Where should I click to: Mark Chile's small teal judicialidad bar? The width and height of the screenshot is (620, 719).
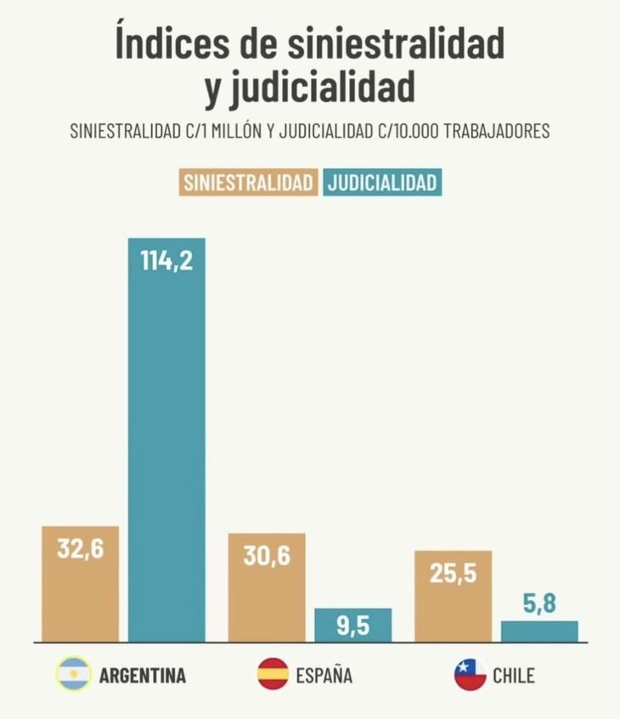click(x=539, y=631)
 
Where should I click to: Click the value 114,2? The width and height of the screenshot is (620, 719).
click(x=166, y=259)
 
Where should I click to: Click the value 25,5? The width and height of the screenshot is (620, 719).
click(x=454, y=572)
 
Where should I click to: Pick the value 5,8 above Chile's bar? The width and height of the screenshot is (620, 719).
click(x=539, y=604)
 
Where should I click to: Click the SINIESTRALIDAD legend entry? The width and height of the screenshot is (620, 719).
click(x=248, y=183)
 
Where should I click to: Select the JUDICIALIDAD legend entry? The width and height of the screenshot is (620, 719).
click(x=383, y=183)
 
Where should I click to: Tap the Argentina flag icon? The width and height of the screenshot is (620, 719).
click(x=73, y=675)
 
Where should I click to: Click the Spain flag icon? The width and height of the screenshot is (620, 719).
click(x=273, y=675)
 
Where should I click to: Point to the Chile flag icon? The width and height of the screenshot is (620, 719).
click(x=470, y=675)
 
